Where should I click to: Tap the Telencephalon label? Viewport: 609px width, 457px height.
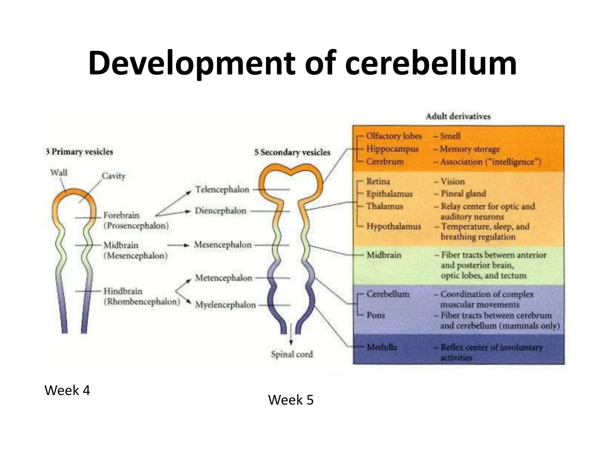click(222, 190)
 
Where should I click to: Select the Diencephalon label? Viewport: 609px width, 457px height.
click(220, 211)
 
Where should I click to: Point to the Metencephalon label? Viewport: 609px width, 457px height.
click(223, 278)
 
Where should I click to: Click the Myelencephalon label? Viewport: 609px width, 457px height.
click(225, 305)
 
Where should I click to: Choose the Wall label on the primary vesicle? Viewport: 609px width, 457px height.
click(59, 173)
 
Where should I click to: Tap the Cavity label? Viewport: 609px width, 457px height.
click(113, 176)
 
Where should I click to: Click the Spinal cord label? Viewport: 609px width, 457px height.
click(292, 354)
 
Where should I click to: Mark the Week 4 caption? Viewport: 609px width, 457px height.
click(67, 390)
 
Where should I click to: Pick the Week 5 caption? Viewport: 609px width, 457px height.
click(291, 400)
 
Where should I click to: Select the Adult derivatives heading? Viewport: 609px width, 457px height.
click(458, 116)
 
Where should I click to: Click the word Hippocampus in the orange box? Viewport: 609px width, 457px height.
click(392, 149)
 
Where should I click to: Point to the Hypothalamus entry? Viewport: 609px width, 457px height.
click(393, 226)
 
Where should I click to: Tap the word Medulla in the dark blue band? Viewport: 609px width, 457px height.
click(382, 347)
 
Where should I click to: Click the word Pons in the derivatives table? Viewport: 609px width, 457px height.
click(376, 315)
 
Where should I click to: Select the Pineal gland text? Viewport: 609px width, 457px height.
click(463, 194)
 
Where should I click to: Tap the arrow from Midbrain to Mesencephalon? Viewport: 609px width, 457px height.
click(178, 245)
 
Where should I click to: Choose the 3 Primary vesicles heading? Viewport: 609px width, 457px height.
click(79, 152)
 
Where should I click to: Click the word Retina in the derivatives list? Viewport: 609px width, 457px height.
click(378, 181)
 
